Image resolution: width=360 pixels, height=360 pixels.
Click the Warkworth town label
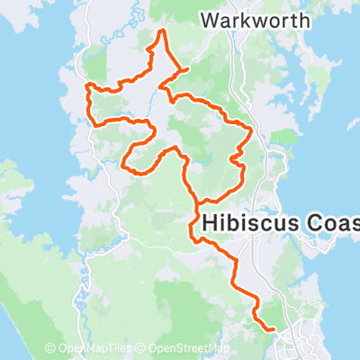point(256,19)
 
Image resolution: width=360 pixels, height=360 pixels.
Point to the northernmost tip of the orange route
point(162,31)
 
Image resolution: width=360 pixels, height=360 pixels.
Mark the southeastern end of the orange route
point(273,329)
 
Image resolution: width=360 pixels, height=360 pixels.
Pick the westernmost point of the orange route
point(87,87)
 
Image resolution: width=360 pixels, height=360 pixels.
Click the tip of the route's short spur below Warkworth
point(186,68)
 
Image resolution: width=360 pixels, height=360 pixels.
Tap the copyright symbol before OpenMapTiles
point(52,348)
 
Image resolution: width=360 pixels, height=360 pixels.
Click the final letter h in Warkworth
point(305,19)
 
